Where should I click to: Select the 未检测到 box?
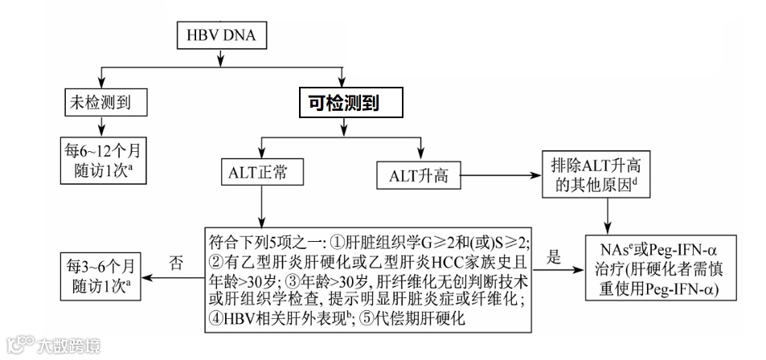pos(97,102)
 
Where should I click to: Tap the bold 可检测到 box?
pos(344,102)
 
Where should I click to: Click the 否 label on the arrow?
pos(178,263)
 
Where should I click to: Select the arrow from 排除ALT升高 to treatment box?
pos(606,215)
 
